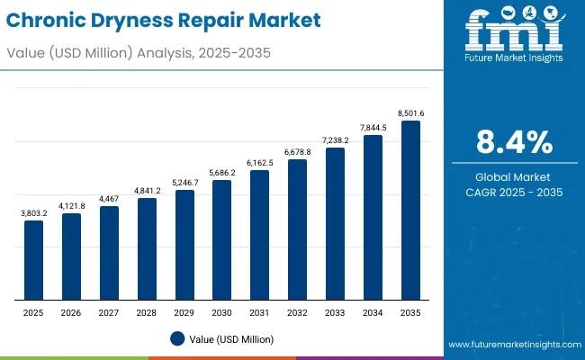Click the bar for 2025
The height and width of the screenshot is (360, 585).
tap(33, 260)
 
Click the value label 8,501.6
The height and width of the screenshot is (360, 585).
tap(410, 112)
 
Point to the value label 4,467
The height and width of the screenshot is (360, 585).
tap(109, 198)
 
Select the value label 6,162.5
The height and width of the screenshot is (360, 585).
tap(259, 162)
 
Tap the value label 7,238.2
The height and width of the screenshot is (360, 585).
tap(335, 139)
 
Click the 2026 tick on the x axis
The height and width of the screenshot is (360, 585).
tap(71, 311)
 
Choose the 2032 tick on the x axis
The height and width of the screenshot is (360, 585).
tap(297, 311)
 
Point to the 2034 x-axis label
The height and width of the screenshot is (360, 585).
tap(373, 311)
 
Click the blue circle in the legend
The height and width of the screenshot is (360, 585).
tap(177, 338)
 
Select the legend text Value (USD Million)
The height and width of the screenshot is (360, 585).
tap(233, 339)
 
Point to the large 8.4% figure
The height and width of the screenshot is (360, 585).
tap(513, 142)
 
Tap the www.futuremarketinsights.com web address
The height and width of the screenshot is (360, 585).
tap(512, 346)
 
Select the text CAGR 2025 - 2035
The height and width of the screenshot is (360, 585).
tap(513, 193)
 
